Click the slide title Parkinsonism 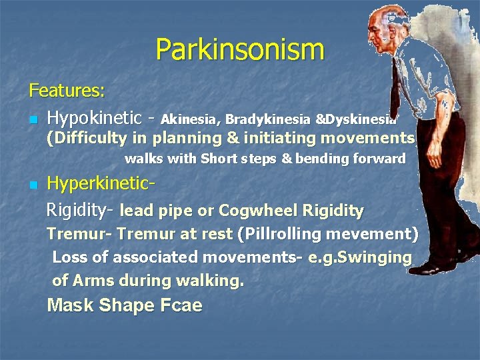tap(240, 50)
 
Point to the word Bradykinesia tap(267, 120)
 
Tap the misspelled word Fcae tap(180, 306)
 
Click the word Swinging tap(375, 257)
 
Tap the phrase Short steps tap(240, 159)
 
